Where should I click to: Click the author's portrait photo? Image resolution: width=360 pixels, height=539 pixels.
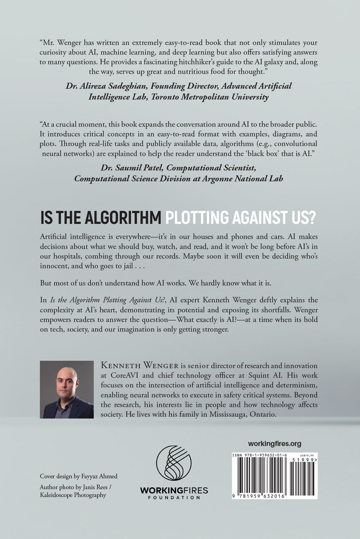[67, 389]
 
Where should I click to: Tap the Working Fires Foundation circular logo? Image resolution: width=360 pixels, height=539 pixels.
[174, 463]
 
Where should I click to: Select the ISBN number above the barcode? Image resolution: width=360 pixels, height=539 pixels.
[257, 455]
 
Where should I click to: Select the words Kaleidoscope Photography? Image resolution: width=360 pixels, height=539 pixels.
[73, 495]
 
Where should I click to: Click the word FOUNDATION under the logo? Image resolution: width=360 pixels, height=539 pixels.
[174, 498]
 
